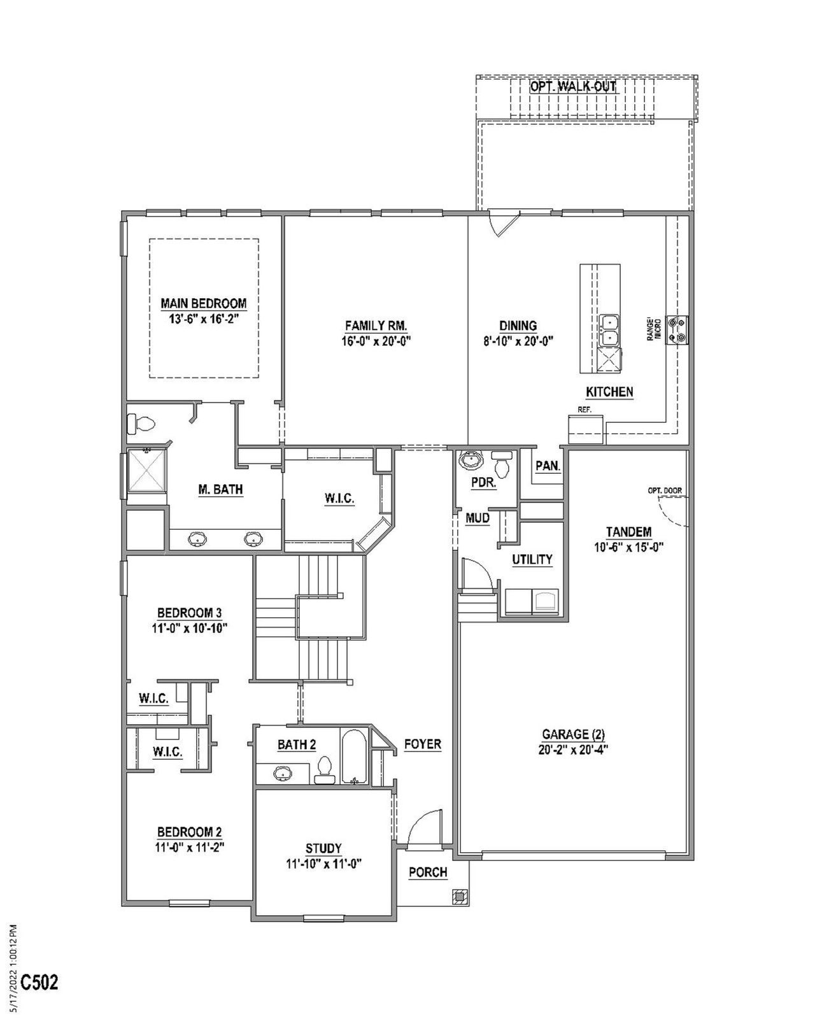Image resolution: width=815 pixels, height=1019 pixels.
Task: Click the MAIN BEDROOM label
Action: pyautogui.click(x=203, y=304)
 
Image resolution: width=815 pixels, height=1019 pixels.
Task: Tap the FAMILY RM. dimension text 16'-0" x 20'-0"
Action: pyautogui.click(x=376, y=341)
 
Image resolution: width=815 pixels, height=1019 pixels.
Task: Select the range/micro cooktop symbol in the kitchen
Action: pyautogui.click(x=676, y=329)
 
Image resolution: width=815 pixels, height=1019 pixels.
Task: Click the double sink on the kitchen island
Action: pyautogui.click(x=610, y=330)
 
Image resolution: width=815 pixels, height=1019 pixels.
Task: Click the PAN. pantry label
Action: pyautogui.click(x=548, y=466)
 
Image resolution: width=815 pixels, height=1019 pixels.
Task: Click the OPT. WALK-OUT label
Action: pyautogui.click(x=573, y=86)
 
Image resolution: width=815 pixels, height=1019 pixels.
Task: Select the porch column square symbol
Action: pyautogui.click(x=459, y=897)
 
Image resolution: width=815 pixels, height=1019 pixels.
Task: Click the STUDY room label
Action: pyautogui.click(x=323, y=848)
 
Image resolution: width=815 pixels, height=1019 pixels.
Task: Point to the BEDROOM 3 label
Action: pyautogui.click(x=189, y=613)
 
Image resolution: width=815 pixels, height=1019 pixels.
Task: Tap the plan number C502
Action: pyautogui.click(x=39, y=982)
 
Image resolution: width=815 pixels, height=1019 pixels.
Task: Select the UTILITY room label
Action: pyautogui.click(x=532, y=559)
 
